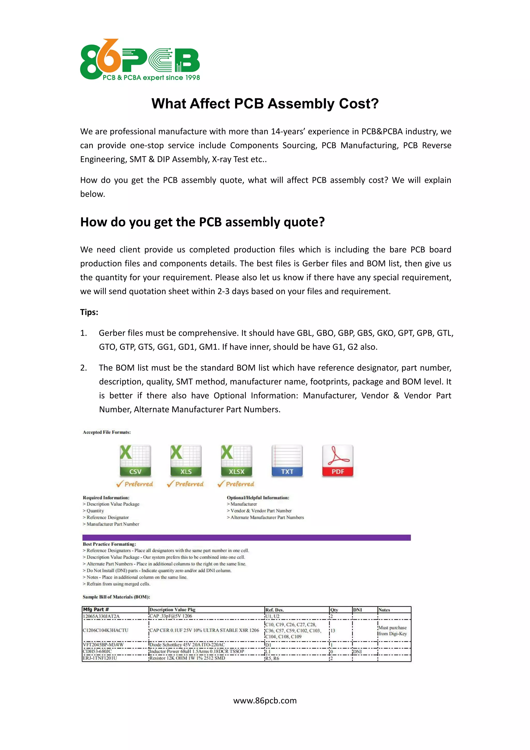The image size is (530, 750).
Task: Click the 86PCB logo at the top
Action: pyautogui.click(x=140, y=60)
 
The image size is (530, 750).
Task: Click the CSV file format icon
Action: pyautogui.click(x=135, y=460)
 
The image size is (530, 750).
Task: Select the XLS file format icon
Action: pyautogui.click(x=186, y=460)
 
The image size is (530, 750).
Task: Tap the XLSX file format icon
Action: pyautogui.click(x=236, y=460)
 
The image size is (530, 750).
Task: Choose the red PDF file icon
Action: pyautogui.click(x=337, y=460)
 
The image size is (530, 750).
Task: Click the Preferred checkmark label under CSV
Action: pyautogui.click(x=135, y=484)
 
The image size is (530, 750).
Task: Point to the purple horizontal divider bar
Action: pyautogui.click(x=246, y=537)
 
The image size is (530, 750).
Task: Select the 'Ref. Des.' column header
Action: pyautogui.click(x=275, y=610)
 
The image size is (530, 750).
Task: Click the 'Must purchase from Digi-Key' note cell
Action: pyautogui.click(x=392, y=631)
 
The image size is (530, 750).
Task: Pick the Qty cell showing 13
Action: pyautogui.click(x=333, y=631)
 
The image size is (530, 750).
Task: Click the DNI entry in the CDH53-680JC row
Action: pyautogui.click(x=357, y=652)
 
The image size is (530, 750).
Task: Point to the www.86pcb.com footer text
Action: pyautogui.click(x=265, y=701)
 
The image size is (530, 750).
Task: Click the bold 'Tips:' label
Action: pyautogui.click(x=89, y=312)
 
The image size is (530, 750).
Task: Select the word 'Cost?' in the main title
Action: pyautogui.click(x=359, y=104)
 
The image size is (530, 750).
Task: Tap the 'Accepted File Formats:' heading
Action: pyautogui.click(x=107, y=432)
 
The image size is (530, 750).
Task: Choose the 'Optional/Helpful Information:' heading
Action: pyautogui.click(x=258, y=498)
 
